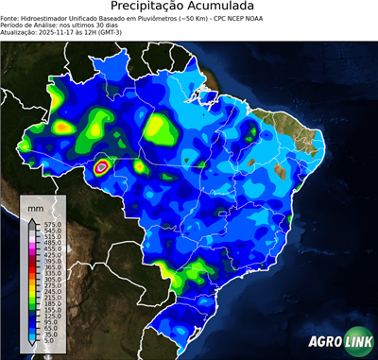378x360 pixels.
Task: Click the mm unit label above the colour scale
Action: tap(37, 206)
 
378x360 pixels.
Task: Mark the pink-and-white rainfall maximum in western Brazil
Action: tap(102, 166)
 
